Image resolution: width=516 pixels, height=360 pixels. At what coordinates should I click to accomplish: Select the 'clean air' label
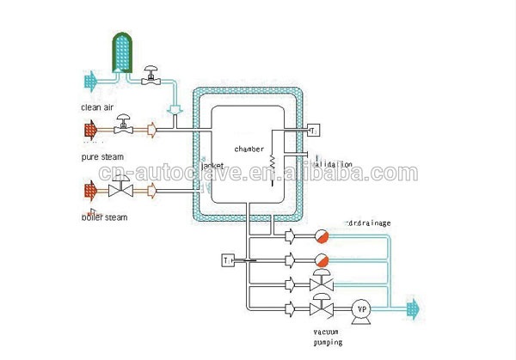96,107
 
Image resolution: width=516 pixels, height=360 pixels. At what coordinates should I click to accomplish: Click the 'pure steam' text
101,157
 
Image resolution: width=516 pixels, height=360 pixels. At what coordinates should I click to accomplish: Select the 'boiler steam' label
104,217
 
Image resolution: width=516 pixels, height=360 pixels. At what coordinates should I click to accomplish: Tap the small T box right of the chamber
313,130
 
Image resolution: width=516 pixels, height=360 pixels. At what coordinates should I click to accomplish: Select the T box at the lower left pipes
228,259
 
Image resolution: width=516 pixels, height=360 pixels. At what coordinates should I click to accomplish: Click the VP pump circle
361,308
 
